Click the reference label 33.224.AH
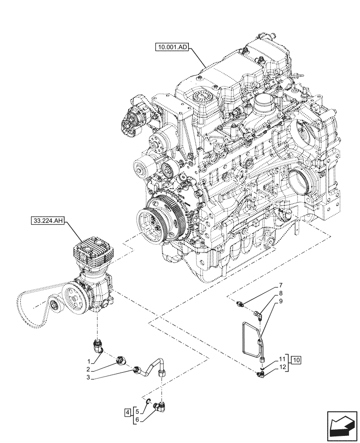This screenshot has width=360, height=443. [x=48, y=220]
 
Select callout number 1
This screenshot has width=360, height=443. [x=89, y=361]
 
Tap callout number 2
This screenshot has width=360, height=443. [x=89, y=369]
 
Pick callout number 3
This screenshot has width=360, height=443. [x=89, y=377]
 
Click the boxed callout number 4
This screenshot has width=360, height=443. [x=128, y=412]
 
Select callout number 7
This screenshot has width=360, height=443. [x=281, y=285]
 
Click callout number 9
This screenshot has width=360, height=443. [x=281, y=301]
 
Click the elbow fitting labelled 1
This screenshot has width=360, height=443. [x=98, y=346]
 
